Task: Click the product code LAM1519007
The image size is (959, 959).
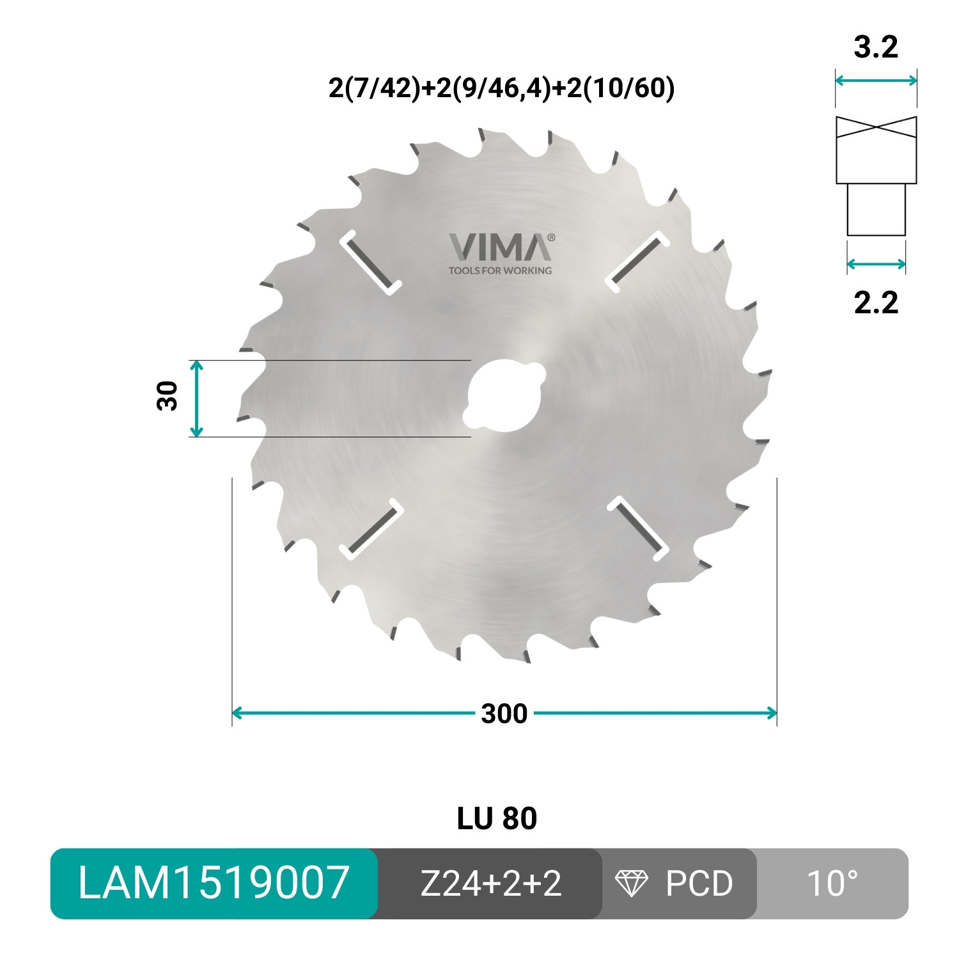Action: tap(214, 884)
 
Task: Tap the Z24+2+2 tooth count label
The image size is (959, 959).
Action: tap(490, 884)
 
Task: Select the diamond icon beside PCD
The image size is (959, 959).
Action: tap(631, 884)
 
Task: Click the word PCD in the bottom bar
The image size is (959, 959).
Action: tap(699, 884)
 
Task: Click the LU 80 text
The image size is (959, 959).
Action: tap(497, 819)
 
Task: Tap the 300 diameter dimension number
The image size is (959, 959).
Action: tap(504, 713)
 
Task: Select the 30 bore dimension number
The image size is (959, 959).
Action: tap(168, 396)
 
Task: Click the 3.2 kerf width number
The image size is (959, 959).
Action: tap(876, 47)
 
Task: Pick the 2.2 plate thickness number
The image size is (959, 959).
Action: tap(876, 302)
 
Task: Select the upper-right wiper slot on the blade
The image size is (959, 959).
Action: tap(637, 261)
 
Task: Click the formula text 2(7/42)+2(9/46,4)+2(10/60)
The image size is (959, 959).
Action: tap(501, 88)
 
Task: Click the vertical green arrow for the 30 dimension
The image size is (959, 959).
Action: tap(197, 398)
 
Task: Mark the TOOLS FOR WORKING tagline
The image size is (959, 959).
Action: tap(500, 270)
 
